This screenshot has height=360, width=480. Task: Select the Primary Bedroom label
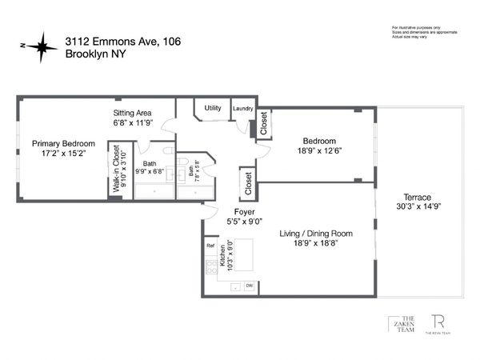click(x=58, y=143)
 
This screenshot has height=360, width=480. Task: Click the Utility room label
click(x=213, y=107)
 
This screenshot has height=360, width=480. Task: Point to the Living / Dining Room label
click(x=316, y=234)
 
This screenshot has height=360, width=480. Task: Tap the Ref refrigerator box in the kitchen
click(x=210, y=247)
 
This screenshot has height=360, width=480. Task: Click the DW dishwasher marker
click(x=250, y=286)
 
